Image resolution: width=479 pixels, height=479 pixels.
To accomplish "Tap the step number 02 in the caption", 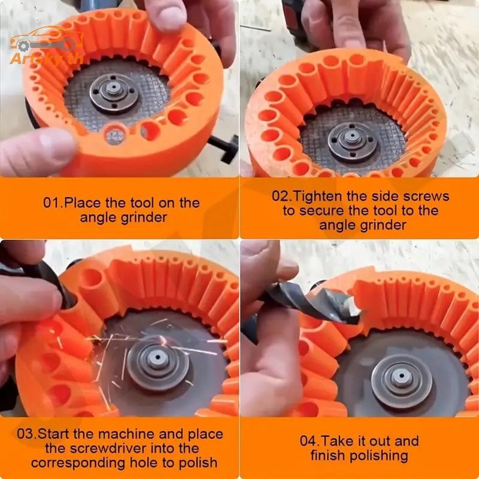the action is [x=280, y=196].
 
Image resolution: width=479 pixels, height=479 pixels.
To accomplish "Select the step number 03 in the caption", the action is [x=25, y=434].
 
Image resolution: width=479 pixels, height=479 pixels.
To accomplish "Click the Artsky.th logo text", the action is [x=47, y=58].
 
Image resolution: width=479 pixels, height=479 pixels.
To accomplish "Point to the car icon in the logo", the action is [x=47, y=38].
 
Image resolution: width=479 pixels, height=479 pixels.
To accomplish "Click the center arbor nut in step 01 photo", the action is [x=114, y=89].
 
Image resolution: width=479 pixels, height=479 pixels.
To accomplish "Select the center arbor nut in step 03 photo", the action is [x=157, y=358].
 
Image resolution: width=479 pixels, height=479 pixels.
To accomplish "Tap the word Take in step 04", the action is [x=335, y=441].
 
